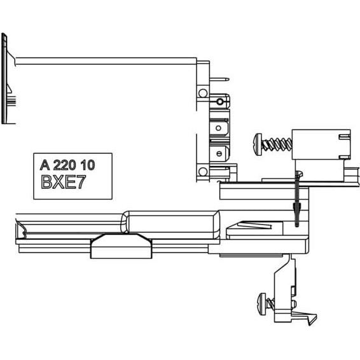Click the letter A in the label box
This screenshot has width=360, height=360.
pos(45,165)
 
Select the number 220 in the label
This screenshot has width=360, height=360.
pos(64,165)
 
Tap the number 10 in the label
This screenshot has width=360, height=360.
pos(88,165)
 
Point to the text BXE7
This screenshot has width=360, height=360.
pos(64,182)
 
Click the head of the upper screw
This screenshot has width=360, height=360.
pos(258,145)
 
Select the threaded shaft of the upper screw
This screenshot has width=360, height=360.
pos(277,144)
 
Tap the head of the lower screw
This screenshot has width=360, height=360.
pos(262,304)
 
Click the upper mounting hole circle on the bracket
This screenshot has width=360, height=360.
pos(203,93)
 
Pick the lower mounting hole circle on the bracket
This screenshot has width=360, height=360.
pos(203,172)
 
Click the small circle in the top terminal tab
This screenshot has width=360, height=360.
pos(219,102)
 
